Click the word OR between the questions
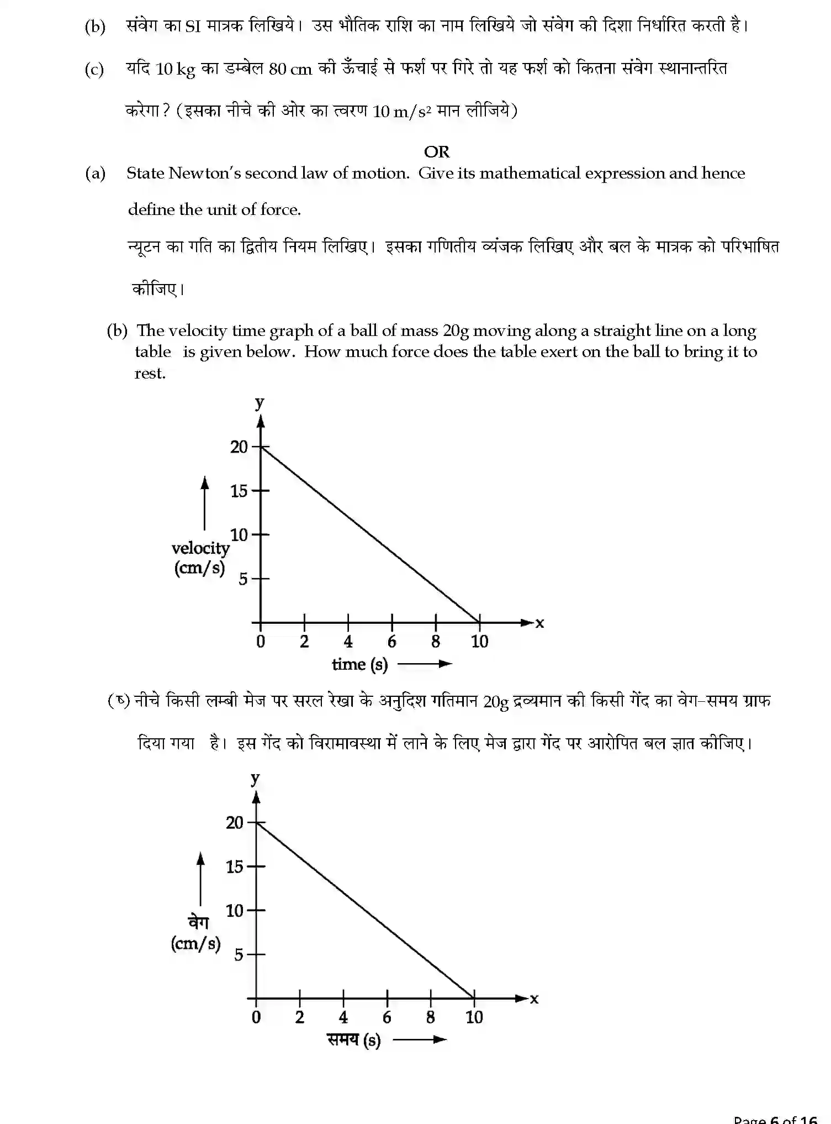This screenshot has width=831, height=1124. coord(436,151)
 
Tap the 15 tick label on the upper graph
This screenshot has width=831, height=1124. coord(239,491)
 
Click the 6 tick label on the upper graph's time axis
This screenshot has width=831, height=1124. coord(391,642)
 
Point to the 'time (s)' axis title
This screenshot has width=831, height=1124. coord(359,664)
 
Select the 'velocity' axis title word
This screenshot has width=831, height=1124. coord(200,548)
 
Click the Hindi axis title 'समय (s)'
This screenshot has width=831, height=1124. coord(353,1040)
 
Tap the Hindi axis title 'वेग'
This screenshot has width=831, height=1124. coord(198,922)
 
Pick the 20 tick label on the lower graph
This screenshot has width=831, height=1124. coord(234,823)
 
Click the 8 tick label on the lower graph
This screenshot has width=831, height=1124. coord(430,1017)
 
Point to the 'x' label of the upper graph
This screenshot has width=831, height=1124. coord(539,623)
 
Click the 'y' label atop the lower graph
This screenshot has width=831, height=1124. coord(255,778)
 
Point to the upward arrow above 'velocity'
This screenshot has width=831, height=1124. coord(205,503)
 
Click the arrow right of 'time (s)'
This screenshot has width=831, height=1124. coord(425,664)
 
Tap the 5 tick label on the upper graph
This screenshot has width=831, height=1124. coord(242,579)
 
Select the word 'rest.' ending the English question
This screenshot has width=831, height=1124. coord(150,374)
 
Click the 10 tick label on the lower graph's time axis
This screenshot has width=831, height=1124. coord(474,1017)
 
